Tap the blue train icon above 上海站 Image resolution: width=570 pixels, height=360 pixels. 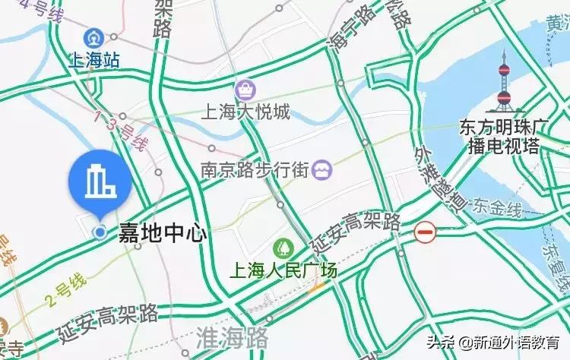click(94, 36)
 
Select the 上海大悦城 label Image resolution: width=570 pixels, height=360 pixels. click(245, 113)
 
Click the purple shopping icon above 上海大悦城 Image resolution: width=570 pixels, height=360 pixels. click(245, 90)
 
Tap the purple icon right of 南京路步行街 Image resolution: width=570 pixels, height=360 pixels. click(321, 169)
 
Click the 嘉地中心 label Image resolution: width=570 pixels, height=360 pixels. click(162, 232)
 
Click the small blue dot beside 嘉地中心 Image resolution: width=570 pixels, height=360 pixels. click(99, 232)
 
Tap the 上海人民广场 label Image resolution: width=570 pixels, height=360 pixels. click(283, 270)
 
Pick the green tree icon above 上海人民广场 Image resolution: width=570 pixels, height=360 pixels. click(283, 248)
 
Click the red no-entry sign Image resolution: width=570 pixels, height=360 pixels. click(426, 232)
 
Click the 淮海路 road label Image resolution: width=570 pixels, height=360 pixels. click(233, 336)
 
